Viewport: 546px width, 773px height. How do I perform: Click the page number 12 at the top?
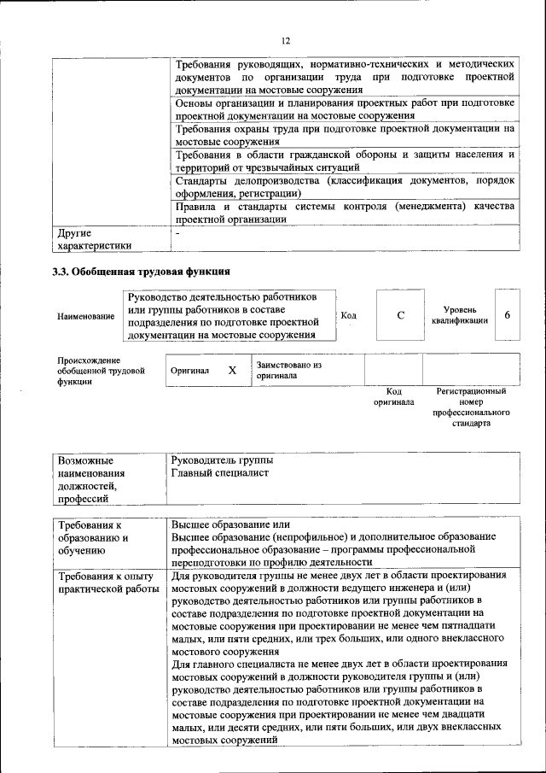click(286, 40)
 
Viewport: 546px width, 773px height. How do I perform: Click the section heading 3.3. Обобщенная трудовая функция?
click(141, 272)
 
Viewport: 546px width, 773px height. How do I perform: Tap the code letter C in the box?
click(400, 315)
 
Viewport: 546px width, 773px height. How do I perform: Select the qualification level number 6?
click(508, 315)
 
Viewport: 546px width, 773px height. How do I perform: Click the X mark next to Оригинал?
click(231, 371)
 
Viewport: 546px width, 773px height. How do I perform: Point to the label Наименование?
click(86, 317)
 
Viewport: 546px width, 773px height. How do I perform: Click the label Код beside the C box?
click(348, 315)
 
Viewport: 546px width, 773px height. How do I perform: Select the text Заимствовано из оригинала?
click(288, 370)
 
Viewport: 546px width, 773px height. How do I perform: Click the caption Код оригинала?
click(393, 396)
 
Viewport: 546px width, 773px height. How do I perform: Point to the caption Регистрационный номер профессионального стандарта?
click(471, 407)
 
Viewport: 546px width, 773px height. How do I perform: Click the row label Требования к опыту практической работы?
click(107, 583)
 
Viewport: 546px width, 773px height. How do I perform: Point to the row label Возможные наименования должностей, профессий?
click(91, 480)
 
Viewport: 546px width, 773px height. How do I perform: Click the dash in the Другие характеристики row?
click(177, 233)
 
